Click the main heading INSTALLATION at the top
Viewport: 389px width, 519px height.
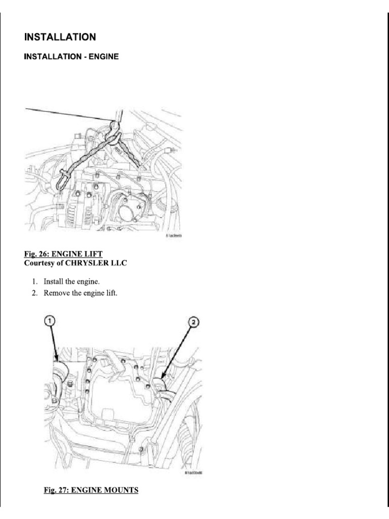tap(60, 37)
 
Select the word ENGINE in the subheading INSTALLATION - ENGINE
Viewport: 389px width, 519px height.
tap(104, 57)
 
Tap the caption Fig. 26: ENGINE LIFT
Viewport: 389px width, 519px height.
tap(66, 253)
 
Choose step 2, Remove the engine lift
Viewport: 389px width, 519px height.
tap(81, 293)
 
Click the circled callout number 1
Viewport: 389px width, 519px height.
tap(50, 321)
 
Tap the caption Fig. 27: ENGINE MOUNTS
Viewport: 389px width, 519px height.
tap(91, 490)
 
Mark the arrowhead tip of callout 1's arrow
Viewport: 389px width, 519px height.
tap(55, 364)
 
